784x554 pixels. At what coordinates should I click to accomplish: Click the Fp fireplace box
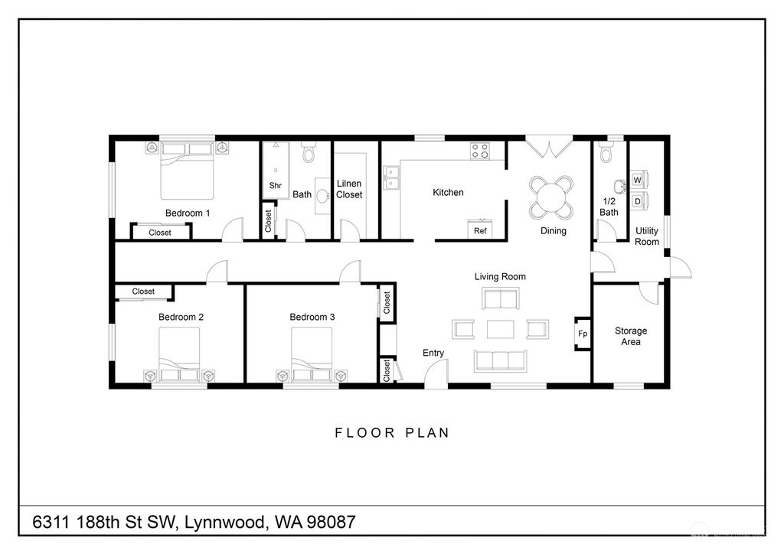(583, 334)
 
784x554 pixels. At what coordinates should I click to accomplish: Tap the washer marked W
(637, 180)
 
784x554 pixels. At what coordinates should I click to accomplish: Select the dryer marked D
(637, 200)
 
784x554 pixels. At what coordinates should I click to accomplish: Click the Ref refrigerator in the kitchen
(480, 230)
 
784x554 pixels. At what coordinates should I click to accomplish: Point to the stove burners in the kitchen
(480, 152)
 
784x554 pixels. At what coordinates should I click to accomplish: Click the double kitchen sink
(394, 178)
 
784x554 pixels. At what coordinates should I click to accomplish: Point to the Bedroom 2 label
(181, 317)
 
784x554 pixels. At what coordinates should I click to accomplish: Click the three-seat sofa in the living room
(500, 360)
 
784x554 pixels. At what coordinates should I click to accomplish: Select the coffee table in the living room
(500, 329)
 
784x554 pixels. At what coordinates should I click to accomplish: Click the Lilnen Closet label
(349, 189)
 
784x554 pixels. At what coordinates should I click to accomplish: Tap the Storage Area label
(630, 336)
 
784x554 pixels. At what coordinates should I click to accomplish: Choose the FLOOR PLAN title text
(392, 433)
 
